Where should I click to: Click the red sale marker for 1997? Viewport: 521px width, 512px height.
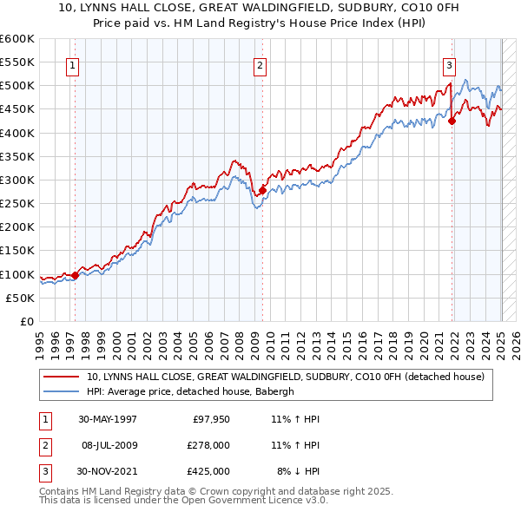75,275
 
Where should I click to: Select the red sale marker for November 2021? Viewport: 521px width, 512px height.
452,121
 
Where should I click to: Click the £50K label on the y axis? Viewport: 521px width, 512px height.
21,298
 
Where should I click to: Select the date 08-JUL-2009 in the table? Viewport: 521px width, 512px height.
110,445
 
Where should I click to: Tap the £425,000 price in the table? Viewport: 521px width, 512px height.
209,471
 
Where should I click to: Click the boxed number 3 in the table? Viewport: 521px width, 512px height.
44,471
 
